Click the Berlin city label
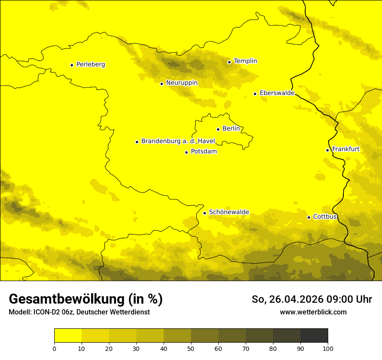tap(231, 129)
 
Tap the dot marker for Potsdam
tap(186, 152)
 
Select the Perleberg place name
tap(90, 65)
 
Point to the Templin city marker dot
tap(229, 62)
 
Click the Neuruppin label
tap(181, 83)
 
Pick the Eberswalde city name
tap(277, 93)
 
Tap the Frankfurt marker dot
tap(327, 150)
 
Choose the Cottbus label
tap(325, 217)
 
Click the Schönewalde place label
tap(229, 212)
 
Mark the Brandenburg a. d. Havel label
tap(178, 141)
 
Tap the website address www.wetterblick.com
tap(313, 312)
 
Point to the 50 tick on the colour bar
tap(191, 348)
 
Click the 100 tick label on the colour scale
tap(328, 348)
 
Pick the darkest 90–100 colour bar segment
tap(314, 336)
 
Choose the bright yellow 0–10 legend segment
tap(68, 336)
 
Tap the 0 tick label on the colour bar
tap(54, 348)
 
